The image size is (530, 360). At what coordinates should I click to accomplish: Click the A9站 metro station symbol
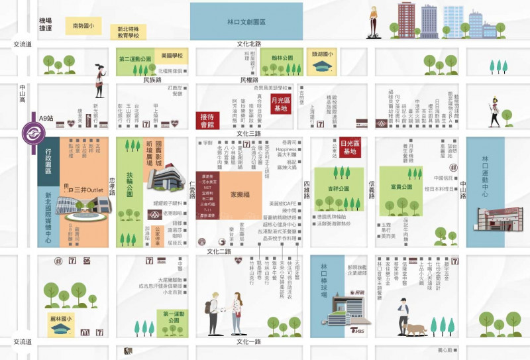(31, 132)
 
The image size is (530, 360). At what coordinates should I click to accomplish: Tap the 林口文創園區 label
(246, 21)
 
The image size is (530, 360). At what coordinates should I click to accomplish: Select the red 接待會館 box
(207, 120)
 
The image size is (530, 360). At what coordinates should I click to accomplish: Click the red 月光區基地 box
(281, 105)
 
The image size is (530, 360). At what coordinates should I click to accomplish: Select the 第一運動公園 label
(173, 316)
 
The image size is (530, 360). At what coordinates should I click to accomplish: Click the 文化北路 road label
(249, 44)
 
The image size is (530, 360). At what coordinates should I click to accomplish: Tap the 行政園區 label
(48, 160)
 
